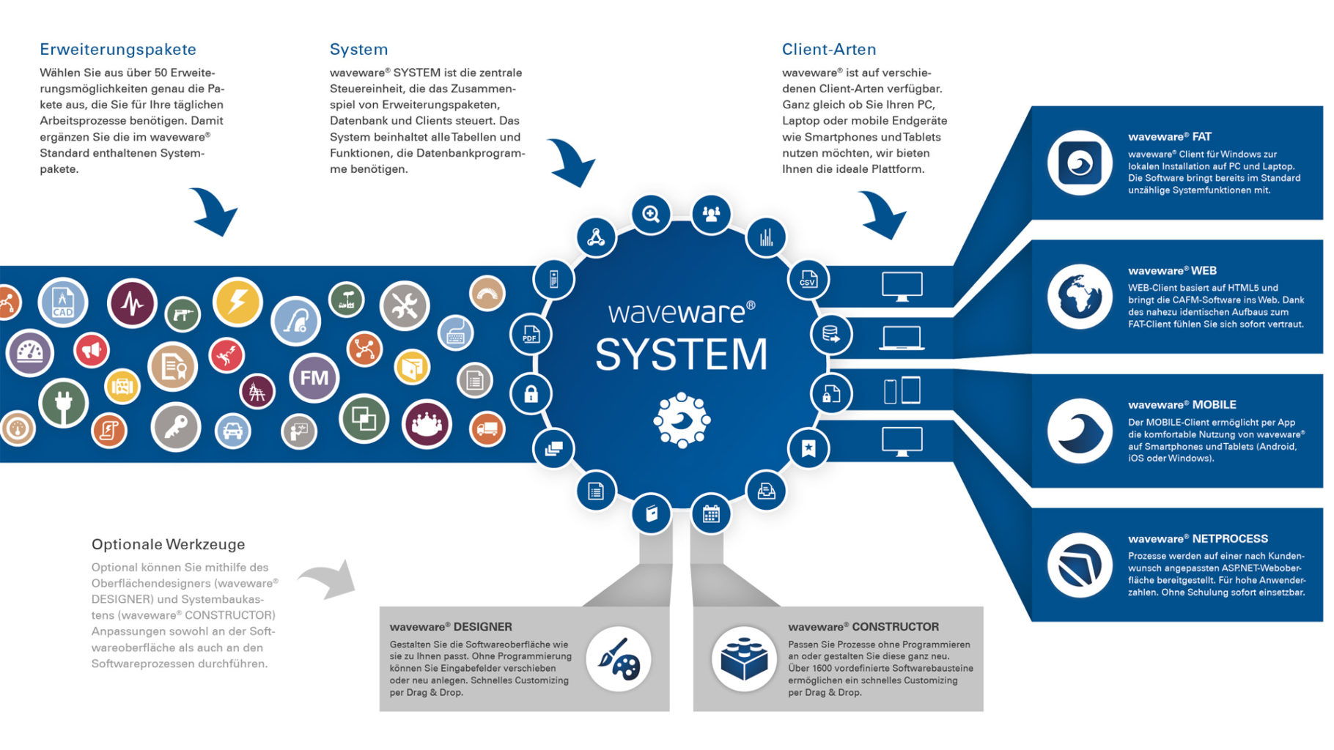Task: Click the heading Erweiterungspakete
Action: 118,49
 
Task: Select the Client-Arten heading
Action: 829,49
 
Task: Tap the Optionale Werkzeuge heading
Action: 168,544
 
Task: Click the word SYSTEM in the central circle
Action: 681,355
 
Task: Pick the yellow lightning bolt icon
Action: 237,302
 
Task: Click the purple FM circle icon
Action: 314,378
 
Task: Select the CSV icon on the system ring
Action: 808,279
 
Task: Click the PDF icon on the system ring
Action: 531,335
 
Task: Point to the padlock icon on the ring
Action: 531,394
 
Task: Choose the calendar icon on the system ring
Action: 711,513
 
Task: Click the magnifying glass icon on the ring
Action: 651,214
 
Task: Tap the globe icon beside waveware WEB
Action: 1080,297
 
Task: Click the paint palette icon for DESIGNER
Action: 619,659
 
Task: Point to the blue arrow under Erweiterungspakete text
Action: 214,211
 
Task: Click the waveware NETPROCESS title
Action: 1198,538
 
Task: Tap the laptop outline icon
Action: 902,338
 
